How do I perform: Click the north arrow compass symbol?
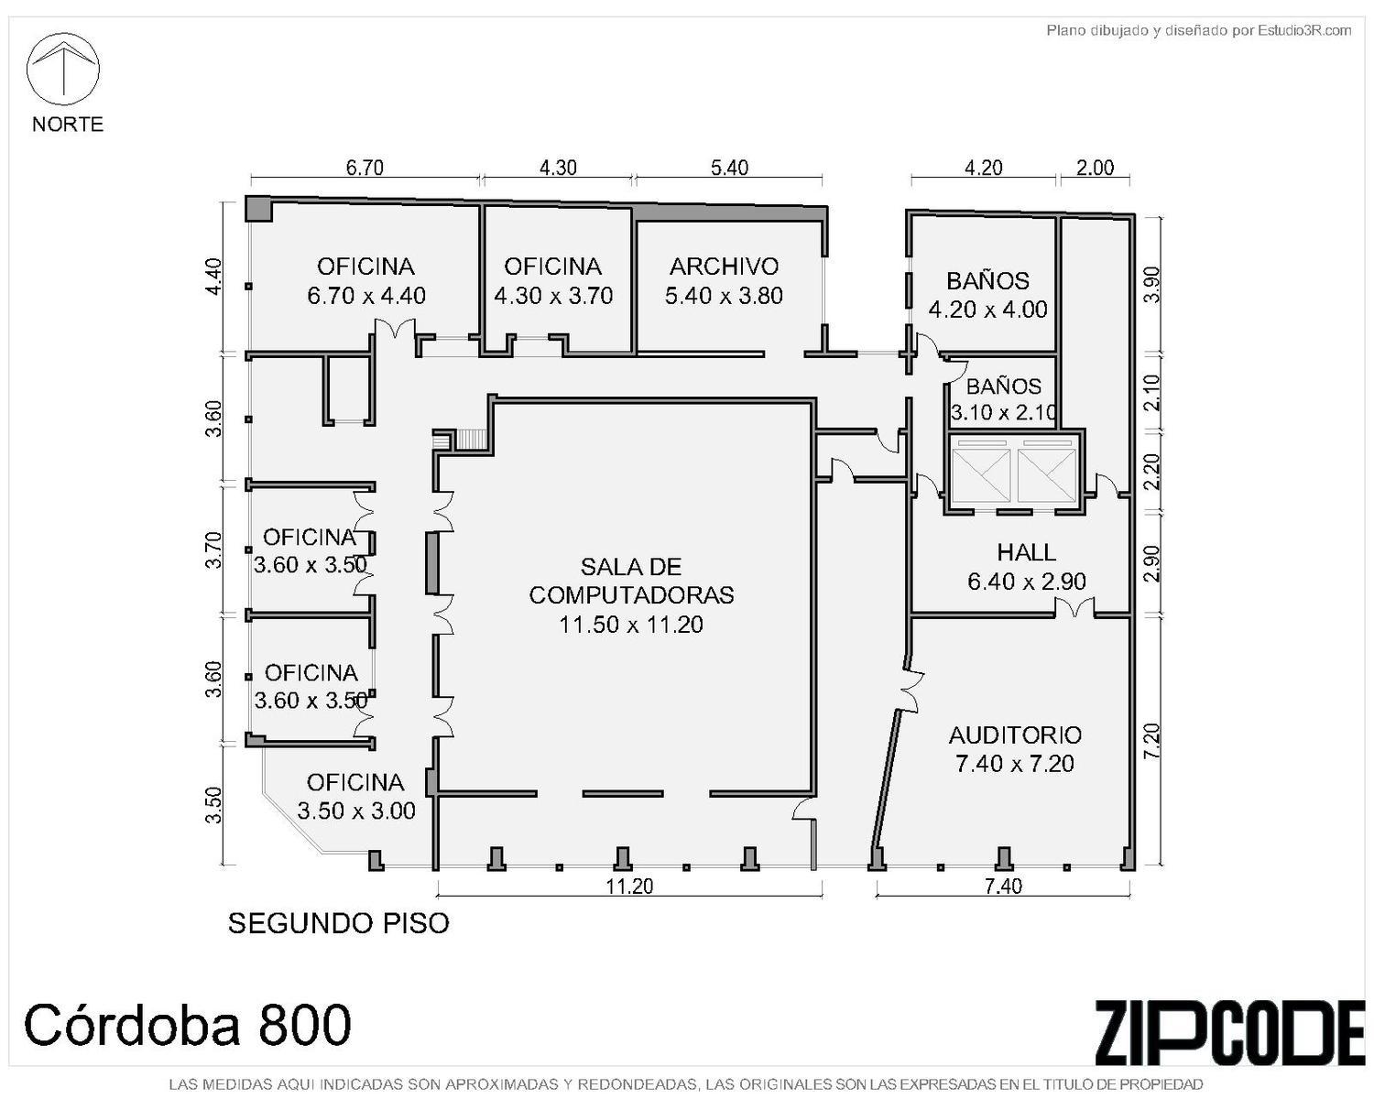pyautogui.click(x=62, y=69)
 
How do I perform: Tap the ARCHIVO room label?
pyautogui.click(x=724, y=280)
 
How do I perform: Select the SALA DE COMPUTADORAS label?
pyautogui.click(x=631, y=595)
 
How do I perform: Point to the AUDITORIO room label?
pyautogui.click(x=1015, y=749)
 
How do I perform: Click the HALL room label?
pyautogui.click(x=1027, y=566)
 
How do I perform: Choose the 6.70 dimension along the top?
pyautogui.click(x=365, y=168)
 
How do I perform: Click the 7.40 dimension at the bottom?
pyautogui.click(x=1003, y=887)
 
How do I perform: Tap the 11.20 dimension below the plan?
pyautogui.click(x=629, y=887)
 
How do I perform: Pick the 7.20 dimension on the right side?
pyautogui.click(x=1151, y=740)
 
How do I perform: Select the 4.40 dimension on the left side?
pyautogui.click(x=215, y=276)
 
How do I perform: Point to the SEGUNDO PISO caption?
pyautogui.click(x=339, y=923)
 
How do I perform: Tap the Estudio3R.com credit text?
pyautogui.click(x=1198, y=30)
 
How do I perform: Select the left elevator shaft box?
pyautogui.click(x=981, y=475)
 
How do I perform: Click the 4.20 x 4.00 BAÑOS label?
pyautogui.click(x=987, y=295)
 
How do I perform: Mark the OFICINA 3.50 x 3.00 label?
pyautogui.click(x=356, y=796)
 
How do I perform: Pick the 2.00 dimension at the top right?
pyautogui.click(x=1095, y=168)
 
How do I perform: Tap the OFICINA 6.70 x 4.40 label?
pyautogui.click(x=365, y=280)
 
